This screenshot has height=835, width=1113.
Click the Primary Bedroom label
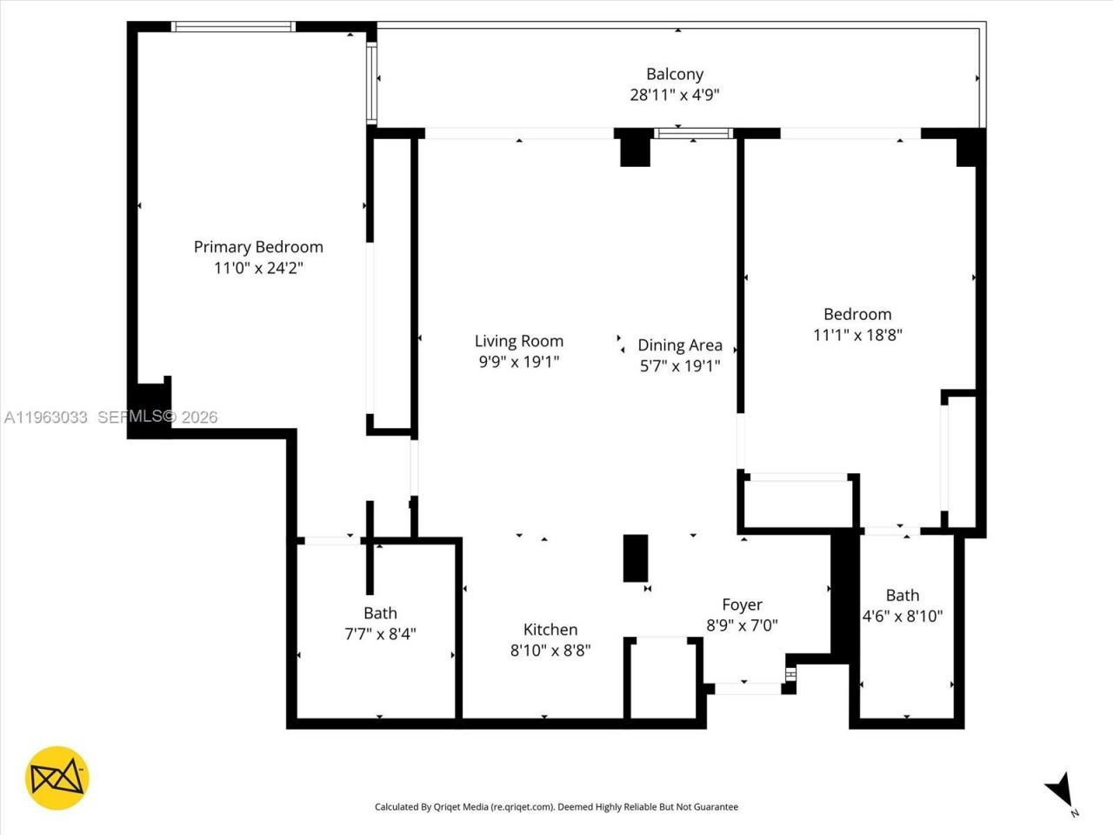point(258,247)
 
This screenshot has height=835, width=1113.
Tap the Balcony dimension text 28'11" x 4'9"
point(675,95)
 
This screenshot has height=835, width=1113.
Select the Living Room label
point(519,341)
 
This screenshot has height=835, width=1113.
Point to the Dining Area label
point(680,345)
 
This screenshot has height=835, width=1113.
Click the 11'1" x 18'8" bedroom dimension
point(857,335)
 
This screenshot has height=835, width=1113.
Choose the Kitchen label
point(550,630)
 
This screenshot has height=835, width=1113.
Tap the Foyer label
point(742,605)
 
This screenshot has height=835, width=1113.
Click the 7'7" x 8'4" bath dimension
point(380,634)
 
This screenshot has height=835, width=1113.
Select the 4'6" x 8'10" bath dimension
point(902,617)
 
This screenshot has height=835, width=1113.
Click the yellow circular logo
point(57,778)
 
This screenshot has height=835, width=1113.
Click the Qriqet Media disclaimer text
point(556,807)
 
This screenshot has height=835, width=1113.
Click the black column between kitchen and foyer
point(636,558)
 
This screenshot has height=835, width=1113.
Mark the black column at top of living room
point(634,148)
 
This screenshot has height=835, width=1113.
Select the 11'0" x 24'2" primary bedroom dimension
point(258,269)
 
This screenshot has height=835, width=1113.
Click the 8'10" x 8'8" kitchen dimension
point(550,651)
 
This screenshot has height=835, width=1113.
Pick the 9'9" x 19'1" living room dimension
point(519,362)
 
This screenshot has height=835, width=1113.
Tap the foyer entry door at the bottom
point(748,688)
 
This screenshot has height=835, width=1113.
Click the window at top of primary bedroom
point(234,27)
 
